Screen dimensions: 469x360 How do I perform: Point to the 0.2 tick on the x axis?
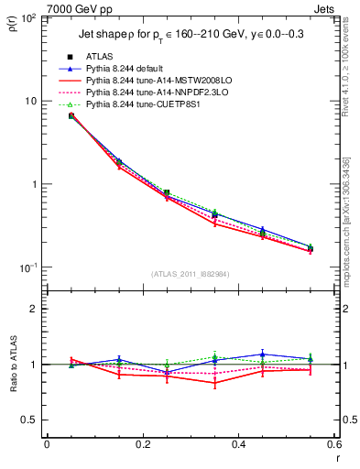click(x=142, y=445)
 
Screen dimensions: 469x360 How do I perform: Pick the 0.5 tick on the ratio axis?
click(x=31, y=420)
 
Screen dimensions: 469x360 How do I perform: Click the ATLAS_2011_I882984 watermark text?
click(x=190, y=274)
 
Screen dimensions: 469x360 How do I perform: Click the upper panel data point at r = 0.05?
click(x=71, y=115)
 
